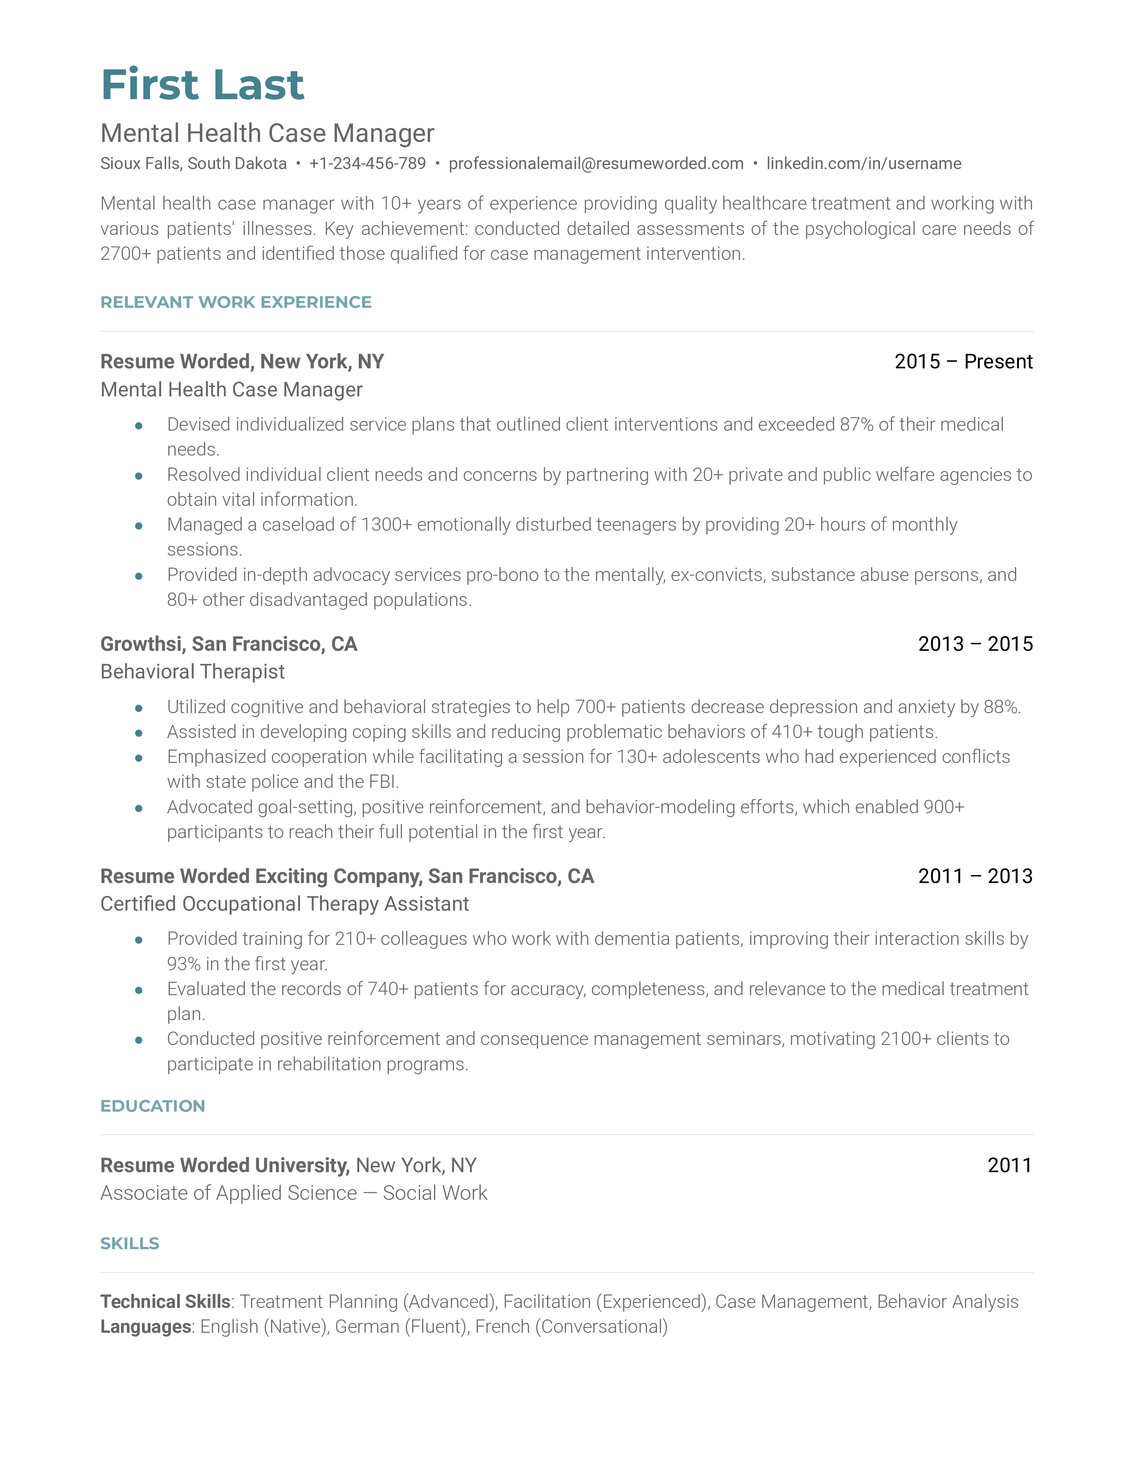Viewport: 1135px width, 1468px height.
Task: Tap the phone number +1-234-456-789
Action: tap(367, 163)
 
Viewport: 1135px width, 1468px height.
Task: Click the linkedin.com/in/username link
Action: tap(863, 163)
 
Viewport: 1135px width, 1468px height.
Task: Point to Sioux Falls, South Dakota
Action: tap(194, 163)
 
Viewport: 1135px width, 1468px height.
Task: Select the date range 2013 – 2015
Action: tap(975, 644)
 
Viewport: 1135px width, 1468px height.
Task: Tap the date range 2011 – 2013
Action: tap(975, 876)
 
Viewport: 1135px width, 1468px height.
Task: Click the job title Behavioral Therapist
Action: tap(192, 671)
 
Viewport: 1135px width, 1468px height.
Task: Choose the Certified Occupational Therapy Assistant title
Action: tap(284, 904)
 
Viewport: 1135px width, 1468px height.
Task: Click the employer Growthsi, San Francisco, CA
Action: tap(229, 644)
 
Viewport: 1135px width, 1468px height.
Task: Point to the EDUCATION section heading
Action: tap(153, 1106)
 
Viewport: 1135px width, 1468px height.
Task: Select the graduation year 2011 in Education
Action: tap(1009, 1165)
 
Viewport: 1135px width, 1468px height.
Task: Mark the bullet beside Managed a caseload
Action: tap(138, 526)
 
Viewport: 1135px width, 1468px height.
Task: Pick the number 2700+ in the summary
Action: tap(126, 254)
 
